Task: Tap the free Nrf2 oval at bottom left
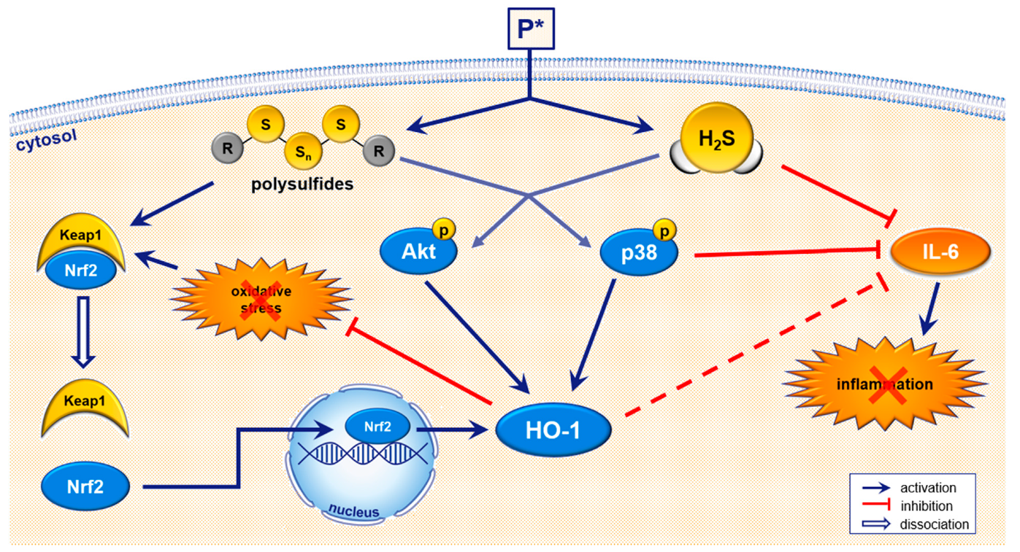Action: click(x=86, y=486)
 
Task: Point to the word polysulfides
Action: click(x=302, y=184)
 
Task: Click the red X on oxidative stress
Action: click(x=262, y=299)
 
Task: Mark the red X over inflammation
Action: click(x=884, y=384)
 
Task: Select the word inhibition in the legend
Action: click(x=926, y=505)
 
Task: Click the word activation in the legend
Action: click(x=927, y=487)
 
